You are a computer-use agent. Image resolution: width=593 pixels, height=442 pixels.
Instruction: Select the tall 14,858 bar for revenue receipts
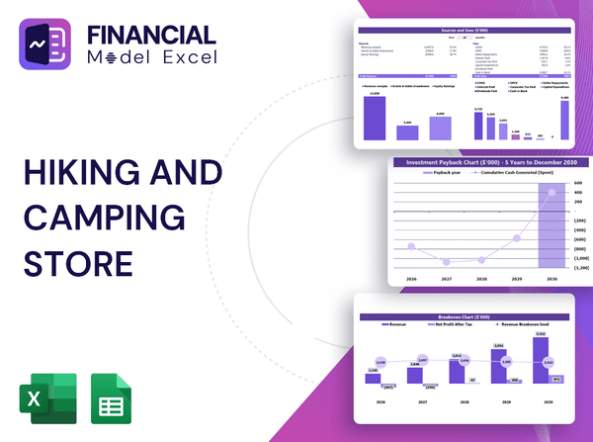pos(375,117)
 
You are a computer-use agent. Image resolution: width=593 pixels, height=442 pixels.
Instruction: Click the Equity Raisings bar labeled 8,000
pos(441,128)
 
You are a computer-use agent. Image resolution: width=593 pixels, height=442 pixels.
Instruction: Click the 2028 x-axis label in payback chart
pos(482,280)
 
